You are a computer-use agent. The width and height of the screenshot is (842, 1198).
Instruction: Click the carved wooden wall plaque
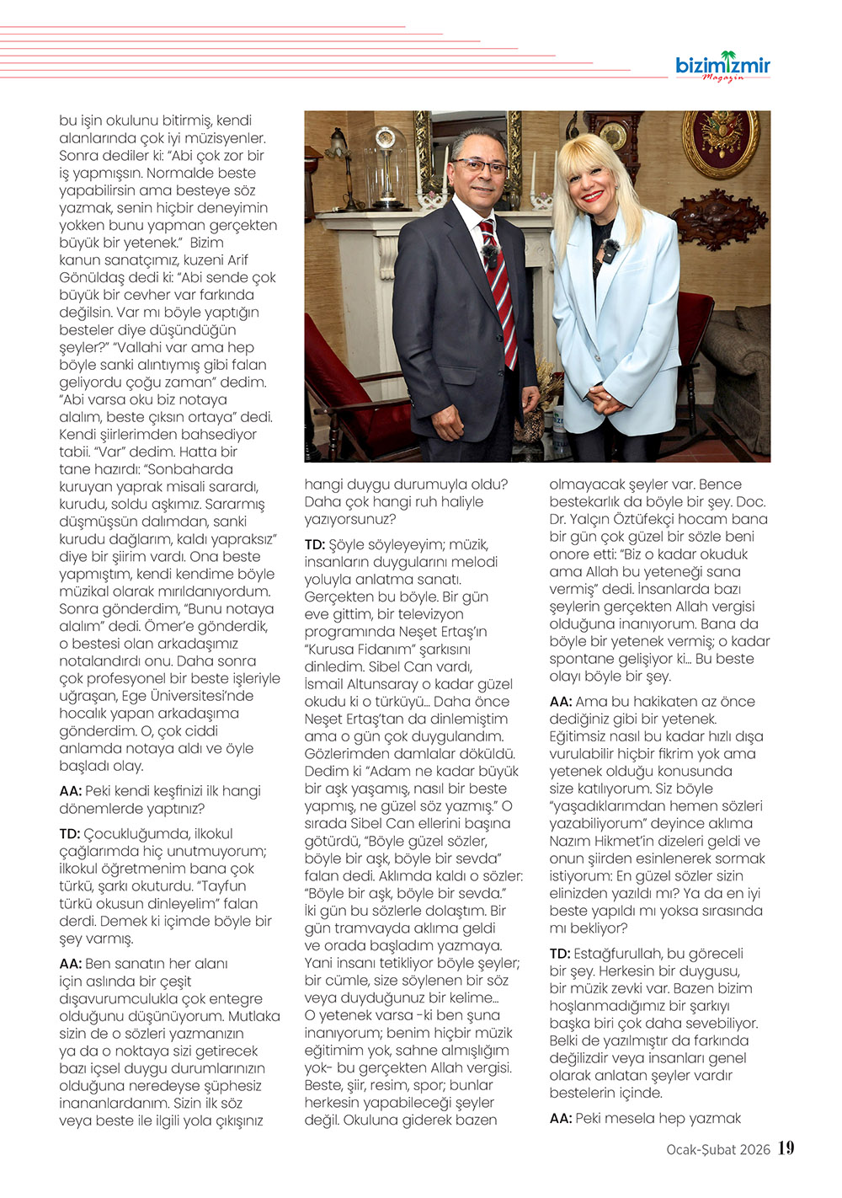click(x=720, y=222)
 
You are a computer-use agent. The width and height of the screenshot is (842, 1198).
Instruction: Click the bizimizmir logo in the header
click(x=722, y=66)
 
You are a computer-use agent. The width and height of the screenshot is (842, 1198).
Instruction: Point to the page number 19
click(x=786, y=1148)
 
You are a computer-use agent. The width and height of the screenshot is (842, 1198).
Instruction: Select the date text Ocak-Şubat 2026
click(x=718, y=1149)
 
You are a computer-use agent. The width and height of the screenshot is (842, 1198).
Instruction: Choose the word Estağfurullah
click(x=617, y=954)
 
